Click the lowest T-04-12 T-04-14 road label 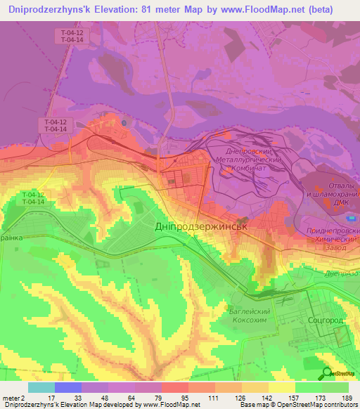click(x=32, y=197)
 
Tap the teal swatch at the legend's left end click(x=41, y=387)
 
